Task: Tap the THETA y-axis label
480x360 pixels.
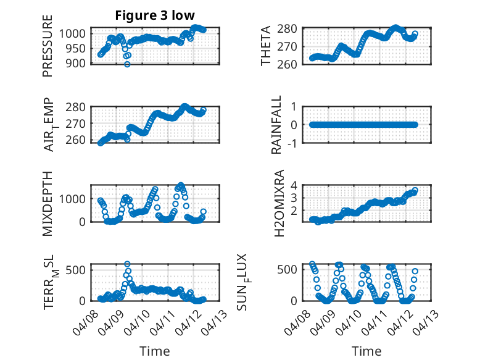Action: click(266, 46)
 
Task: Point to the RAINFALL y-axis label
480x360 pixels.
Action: click(277, 125)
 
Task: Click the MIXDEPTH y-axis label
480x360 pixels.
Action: click(48, 203)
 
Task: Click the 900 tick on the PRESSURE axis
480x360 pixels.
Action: click(78, 64)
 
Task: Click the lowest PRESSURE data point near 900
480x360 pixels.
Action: click(127, 64)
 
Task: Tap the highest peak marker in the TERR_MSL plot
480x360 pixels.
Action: click(127, 264)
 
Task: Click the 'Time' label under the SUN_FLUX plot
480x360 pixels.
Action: click(366, 351)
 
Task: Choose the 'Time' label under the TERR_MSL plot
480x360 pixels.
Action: click(154, 351)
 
